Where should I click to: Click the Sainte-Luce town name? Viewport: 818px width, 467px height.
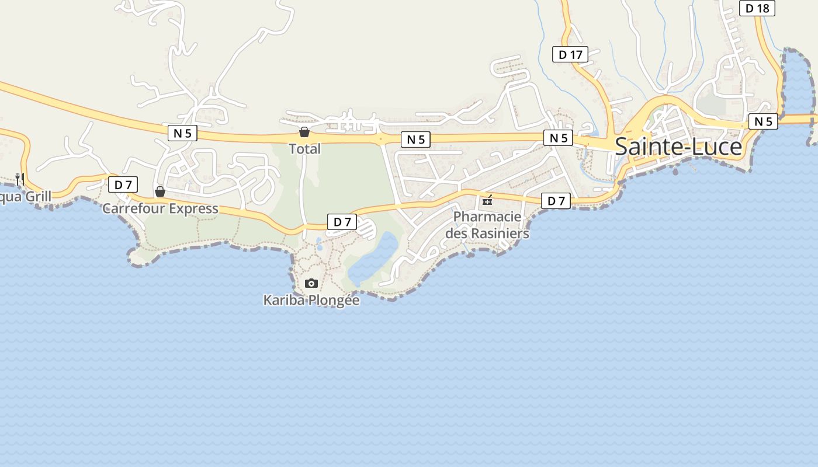[678, 147]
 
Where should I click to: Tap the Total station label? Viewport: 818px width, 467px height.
[305, 149]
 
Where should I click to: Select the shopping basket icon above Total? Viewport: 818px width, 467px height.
[304, 132]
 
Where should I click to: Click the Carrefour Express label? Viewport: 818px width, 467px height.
[160, 208]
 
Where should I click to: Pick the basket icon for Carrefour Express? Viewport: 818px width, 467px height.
[160, 191]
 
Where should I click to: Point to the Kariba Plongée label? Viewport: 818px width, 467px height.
[311, 300]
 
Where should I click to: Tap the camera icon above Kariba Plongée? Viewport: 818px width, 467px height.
[311, 284]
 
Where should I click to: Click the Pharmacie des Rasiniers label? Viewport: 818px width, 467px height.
[487, 225]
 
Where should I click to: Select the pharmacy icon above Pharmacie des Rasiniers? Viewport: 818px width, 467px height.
[487, 201]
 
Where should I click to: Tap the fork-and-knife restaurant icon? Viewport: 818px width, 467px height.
[20, 179]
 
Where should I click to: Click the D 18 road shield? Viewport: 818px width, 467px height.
[757, 8]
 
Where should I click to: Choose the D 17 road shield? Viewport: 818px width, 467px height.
[570, 55]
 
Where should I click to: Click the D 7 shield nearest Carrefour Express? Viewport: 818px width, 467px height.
[123, 185]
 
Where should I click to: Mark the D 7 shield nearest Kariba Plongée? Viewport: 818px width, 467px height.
[342, 222]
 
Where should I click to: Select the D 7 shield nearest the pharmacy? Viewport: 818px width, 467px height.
[556, 201]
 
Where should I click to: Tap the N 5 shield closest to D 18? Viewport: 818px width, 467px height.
[763, 121]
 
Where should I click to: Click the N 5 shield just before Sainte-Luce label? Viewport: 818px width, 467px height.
[558, 138]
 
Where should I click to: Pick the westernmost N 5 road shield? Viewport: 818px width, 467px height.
[182, 133]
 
